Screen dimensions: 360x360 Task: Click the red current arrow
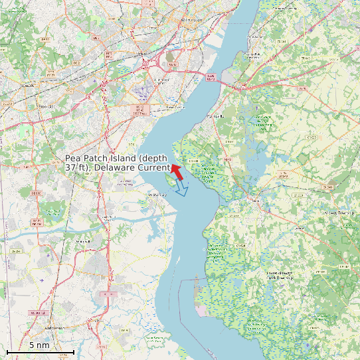[176, 171]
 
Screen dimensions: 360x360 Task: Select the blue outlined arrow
[181, 189]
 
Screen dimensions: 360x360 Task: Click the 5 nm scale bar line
[40, 351]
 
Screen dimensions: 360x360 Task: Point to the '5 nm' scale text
[39, 345]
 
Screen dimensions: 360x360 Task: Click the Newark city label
[28, 86]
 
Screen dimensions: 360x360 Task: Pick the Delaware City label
[157, 195]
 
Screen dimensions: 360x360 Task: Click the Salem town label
[255, 199]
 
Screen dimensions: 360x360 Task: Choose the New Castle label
[173, 106]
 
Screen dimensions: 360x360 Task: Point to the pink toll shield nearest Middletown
[106, 293]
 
